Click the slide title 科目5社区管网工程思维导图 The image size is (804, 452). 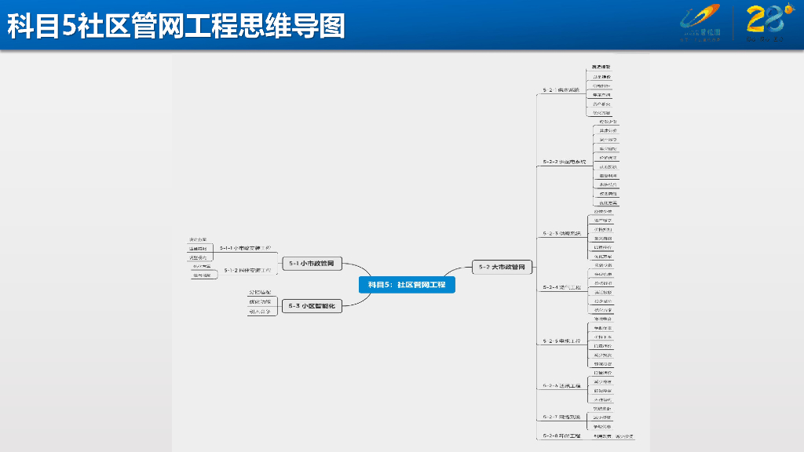coord(176,26)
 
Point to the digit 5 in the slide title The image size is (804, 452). coord(68,27)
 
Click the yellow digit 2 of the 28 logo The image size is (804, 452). coord(755,19)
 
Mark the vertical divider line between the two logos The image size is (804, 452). coord(733,24)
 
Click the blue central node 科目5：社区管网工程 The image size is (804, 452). coord(407,285)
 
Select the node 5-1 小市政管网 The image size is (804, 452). coord(312,264)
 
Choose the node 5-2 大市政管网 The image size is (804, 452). coord(502,267)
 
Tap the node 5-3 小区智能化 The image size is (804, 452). coord(312,306)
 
